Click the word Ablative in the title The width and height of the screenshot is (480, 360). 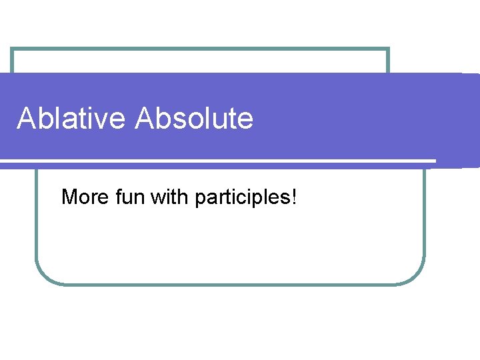(x=71, y=119)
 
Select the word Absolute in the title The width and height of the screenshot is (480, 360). (x=194, y=119)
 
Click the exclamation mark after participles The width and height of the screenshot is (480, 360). (x=293, y=197)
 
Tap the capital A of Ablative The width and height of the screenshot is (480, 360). (x=26, y=119)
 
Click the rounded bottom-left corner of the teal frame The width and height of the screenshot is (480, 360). (x=44, y=277)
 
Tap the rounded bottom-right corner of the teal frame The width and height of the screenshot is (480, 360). (x=417, y=277)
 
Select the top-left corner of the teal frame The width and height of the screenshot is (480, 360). (x=12, y=49)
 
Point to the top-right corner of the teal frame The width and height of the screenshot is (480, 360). (x=388, y=49)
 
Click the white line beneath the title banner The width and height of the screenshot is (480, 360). (x=220, y=161)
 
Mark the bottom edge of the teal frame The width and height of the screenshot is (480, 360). (x=230, y=284)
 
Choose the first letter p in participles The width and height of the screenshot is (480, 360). (x=199, y=199)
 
